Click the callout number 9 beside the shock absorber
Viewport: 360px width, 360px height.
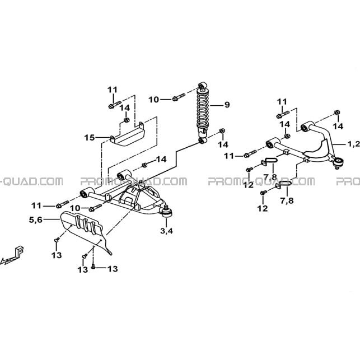227,105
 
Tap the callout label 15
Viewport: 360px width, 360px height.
90,138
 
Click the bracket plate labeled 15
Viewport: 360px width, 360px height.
128,134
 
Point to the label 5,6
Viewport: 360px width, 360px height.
36,219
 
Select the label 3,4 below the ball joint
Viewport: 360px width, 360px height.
166,231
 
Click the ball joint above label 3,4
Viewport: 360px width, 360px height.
167,212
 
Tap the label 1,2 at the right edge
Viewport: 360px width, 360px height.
354,144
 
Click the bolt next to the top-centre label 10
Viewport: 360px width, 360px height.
179,97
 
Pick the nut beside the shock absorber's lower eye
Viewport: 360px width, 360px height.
222,131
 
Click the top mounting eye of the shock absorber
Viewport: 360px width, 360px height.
202,85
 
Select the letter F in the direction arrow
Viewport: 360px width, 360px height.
20,251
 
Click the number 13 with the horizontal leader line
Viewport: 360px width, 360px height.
113,269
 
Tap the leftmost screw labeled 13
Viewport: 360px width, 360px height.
57,240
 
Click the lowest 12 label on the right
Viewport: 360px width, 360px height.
263,208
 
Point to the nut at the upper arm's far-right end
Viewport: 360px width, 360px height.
337,113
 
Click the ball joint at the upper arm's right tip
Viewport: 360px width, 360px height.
338,162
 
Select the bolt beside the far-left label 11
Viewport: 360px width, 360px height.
62,204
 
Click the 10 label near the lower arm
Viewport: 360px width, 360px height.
75,208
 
